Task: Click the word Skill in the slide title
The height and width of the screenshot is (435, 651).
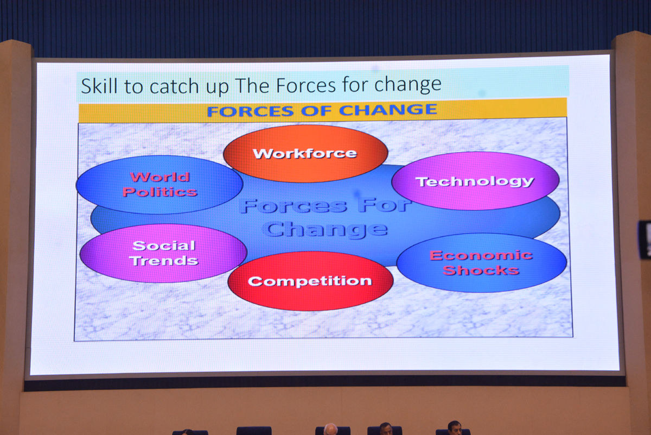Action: [x=99, y=86]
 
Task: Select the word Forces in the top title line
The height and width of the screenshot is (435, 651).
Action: [x=305, y=85]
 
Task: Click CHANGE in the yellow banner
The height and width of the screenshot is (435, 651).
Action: [x=388, y=110]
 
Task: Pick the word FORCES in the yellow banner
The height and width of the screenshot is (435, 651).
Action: [x=250, y=111]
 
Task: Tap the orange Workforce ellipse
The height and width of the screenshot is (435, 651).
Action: [x=305, y=154]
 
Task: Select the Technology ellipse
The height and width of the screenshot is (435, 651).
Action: [x=475, y=181]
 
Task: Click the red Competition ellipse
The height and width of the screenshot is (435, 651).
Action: [x=310, y=281]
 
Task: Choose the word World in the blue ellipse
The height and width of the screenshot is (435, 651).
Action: [x=160, y=177]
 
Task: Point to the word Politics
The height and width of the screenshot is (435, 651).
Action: [x=160, y=192]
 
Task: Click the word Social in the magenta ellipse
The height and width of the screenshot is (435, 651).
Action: [x=164, y=246]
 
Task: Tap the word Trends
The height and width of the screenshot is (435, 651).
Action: [x=164, y=261]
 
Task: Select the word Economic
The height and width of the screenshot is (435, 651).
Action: [x=481, y=255]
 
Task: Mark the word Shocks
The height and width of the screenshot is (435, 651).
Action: [x=481, y=270]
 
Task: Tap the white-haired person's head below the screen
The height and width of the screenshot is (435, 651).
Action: [x=330, y=430]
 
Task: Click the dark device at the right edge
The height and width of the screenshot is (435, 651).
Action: [x=644, y=239]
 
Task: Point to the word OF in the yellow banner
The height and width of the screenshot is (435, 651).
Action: [x=316, y=111]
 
